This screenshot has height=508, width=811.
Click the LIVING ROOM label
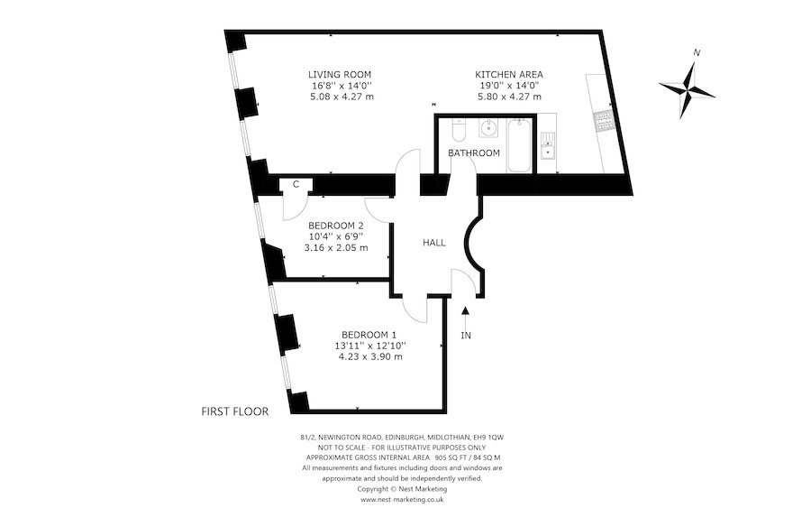339,74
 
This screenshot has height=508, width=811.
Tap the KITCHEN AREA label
509,74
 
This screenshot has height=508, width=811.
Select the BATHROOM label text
474,153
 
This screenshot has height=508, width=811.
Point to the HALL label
434,243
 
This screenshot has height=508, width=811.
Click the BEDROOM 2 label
335,226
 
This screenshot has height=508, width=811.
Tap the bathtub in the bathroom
519,145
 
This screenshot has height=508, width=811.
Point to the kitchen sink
547,144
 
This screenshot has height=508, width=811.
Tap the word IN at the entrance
465,336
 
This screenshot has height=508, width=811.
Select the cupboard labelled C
296,185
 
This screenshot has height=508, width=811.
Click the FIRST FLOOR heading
234,411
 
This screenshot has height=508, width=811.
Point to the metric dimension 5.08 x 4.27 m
339,97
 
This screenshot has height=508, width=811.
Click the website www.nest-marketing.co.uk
402,498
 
